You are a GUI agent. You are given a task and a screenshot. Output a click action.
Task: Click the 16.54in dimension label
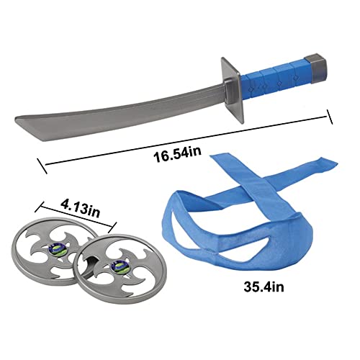pos(178,155)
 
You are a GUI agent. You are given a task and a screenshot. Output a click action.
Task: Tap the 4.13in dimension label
pos(80,209)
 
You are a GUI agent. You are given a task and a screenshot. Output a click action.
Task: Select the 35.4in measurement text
pos(264,287)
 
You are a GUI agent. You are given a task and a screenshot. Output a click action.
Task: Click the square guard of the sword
pos(233,90)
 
